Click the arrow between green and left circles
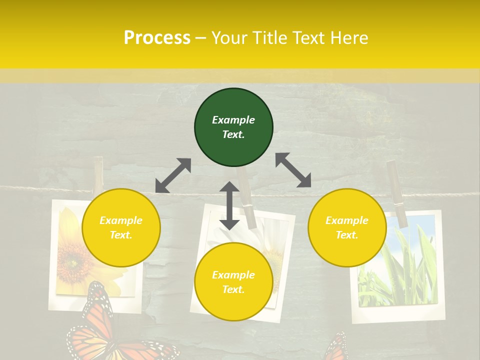pyautogui.click(x=173, y=175)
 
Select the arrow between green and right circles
pyautogui.click(x=293, y=170)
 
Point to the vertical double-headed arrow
pyautogui.click(x=229, y=205)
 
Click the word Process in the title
pyautogui.click(x=157, y=38)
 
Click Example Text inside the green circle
pyautogui.click(x=233, y=127)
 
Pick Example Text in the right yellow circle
pyautogui.click(x=347, y=227)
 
